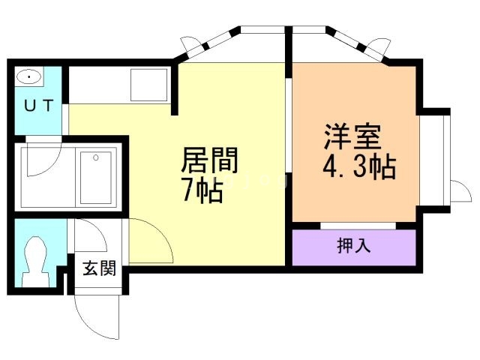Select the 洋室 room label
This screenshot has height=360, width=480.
tap(353, 136)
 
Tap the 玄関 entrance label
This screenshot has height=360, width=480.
tap(98, 268)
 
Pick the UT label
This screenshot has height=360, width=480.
tap(38, 106)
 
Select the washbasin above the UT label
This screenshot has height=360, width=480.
tap(29, 77)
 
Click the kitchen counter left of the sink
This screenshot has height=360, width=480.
tap(97, 85)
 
